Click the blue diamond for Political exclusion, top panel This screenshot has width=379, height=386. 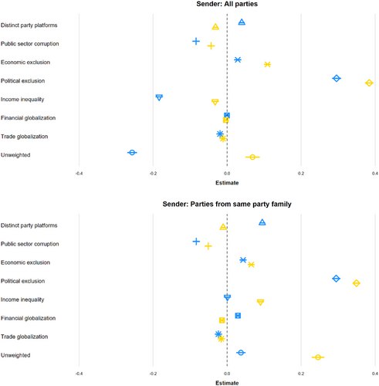click(337, 78)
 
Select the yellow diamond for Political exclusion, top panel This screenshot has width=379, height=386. click(369, 83)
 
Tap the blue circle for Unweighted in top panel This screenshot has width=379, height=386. click(132, 153)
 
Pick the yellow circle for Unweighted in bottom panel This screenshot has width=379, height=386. click(318, 357)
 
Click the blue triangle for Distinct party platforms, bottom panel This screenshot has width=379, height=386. click(262, 222)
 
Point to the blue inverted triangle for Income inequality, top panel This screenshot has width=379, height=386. click(159, 98)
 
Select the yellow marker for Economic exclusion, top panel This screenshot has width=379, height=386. click(267, 64)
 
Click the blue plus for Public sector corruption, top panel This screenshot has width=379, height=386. click(196, 41)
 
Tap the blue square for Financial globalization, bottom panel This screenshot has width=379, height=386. click(238, 316)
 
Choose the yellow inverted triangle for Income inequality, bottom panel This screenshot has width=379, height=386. click(260, 302)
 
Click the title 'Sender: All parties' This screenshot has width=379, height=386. click(227, 4)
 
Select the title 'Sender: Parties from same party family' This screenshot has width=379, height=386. click(227, 204)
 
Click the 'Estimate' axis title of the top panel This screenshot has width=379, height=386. click(227, 183)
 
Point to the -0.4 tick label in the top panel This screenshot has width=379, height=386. click(79, 174)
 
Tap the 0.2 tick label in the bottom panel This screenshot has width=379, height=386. click(301, 374)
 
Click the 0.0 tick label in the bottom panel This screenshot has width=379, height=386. click(227, 374)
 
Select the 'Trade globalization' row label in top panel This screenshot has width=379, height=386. click(25, 137)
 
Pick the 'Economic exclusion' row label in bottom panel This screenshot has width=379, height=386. click(25, 262)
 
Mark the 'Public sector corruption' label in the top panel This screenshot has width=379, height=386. click(30, 44)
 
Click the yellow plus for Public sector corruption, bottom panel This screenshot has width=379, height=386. click(208, 246)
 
